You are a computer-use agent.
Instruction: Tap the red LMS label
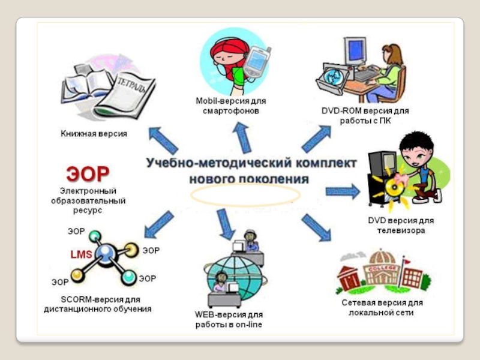click(x=81, y=254)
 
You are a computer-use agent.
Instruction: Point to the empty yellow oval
click(x=246, y=195)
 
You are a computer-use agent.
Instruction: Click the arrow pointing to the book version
click(x=163, y=140)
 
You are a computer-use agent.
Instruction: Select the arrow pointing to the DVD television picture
click(x=342, y=192)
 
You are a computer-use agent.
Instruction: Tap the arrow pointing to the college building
click(x=316, y=227)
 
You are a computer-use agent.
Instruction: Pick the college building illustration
click(x=379, y=270)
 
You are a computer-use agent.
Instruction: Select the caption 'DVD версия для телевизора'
click(x=400, y=225)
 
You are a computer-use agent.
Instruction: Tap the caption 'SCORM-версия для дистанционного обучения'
click(x=97, y=304)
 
